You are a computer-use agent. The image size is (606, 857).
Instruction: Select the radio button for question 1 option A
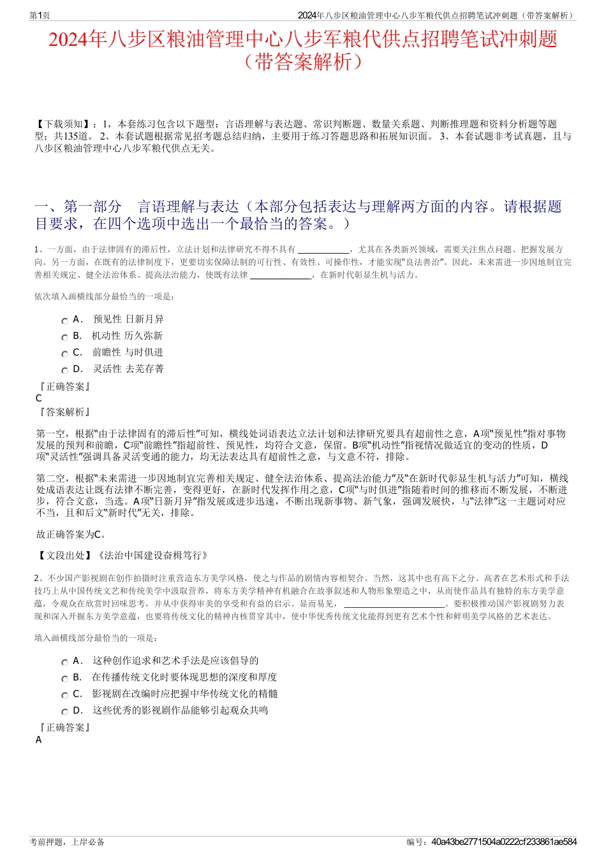click(64, 321)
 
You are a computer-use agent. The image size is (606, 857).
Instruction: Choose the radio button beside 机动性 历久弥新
click(64, 338)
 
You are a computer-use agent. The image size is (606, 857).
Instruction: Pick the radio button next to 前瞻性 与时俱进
click(64, 354)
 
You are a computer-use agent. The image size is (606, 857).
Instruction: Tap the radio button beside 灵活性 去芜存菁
click(64, 371)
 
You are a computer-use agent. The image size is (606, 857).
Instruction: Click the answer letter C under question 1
click(39, 398)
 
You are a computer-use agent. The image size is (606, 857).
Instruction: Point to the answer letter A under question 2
click(39, 740)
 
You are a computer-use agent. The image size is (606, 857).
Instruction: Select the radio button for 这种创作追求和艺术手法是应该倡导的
click(64, 663)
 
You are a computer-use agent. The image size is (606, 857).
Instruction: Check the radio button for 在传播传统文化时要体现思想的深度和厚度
click(64, 679)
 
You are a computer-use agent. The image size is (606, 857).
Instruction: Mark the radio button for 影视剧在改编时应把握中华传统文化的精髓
click(64, 696)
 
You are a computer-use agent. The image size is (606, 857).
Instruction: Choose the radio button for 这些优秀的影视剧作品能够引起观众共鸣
click(64, 712)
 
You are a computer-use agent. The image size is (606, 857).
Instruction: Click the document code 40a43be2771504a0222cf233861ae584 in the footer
click(504, 842)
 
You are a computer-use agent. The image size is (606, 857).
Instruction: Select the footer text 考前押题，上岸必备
click(67, 842)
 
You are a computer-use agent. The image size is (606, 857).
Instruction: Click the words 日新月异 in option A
click(145, 319)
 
